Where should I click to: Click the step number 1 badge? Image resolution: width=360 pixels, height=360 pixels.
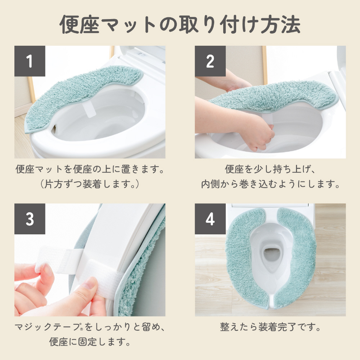30,61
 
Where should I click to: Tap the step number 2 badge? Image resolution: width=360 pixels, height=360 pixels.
210,61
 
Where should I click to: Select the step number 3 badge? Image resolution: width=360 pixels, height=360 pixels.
30,219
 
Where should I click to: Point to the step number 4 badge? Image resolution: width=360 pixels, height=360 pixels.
210,219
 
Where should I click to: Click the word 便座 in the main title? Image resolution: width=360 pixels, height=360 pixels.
80,24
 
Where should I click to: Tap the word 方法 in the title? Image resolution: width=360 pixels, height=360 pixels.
280,24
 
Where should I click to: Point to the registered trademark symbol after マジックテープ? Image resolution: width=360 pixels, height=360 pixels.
81,329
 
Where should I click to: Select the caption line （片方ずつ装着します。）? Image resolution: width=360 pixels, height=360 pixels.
90,184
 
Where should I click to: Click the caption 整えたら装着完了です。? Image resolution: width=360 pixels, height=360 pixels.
270,327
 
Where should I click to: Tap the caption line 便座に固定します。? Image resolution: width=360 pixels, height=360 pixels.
90,342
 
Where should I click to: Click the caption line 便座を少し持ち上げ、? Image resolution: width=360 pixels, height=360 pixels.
270,169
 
